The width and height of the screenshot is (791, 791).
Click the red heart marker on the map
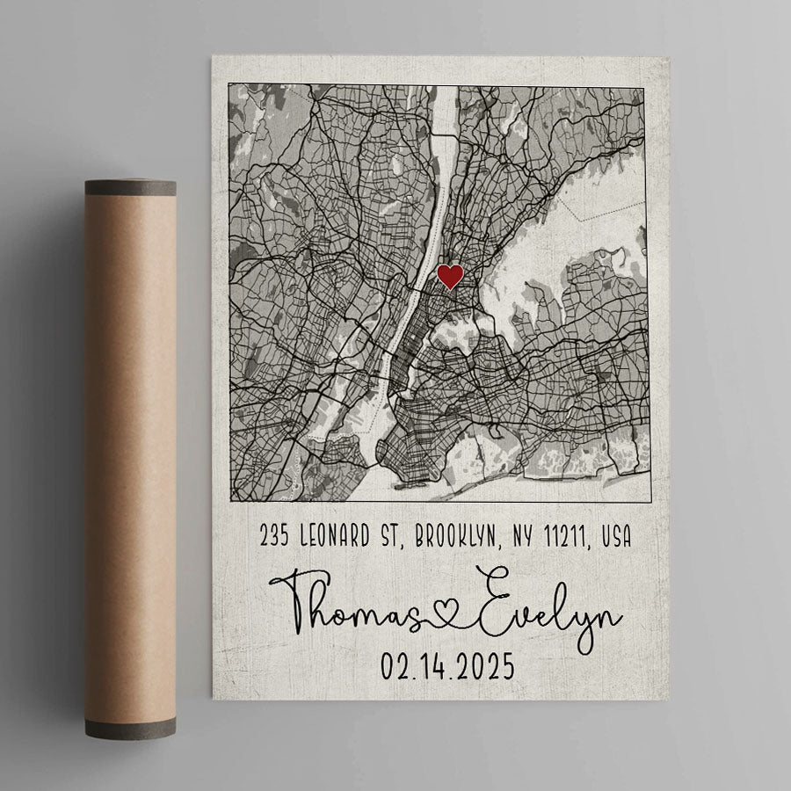point(450,277)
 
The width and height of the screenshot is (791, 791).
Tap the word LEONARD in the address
point(343,535)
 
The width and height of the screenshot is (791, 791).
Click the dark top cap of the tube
point(130,187)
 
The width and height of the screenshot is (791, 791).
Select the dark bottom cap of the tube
point(130,727)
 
